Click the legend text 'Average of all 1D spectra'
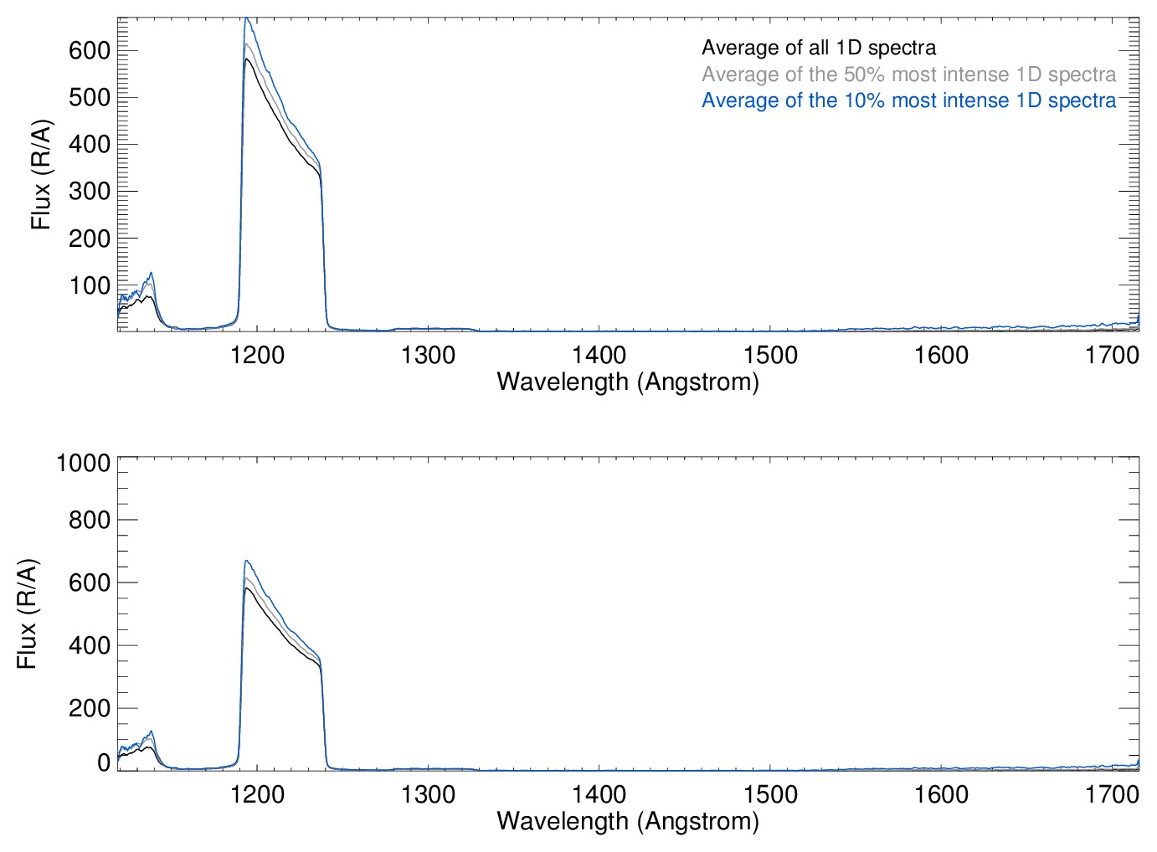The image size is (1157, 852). tap(818, 48)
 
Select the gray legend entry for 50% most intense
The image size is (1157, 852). tap(908, 74)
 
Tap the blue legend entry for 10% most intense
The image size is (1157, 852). tap(908, 100)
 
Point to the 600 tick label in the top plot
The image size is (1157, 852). tap(90, 51)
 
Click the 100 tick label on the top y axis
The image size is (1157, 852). tap(90, 286)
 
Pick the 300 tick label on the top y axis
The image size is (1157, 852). tap(90, 192)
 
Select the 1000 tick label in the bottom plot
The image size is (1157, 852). tap(83, 463)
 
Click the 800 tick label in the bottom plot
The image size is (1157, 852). tap(90, 520)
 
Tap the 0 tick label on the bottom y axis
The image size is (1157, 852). tap(104, 762)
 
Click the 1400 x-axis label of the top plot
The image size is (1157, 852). tap(599, 355)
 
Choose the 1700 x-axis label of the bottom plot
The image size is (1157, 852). tap(1112, 793)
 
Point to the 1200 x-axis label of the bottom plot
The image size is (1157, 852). tap(257, 793)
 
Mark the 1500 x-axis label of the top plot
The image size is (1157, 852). tap(770, 355)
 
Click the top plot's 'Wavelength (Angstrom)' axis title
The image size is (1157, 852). tap(628, 382)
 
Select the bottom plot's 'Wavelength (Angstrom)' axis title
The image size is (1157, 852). tap(628, 821)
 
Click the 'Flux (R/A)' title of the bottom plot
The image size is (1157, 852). tap(27, 613)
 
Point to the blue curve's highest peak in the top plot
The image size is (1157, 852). tap(246, 18)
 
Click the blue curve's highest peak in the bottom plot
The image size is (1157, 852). tap(246, 561)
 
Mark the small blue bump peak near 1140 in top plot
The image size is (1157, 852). tap(151, 272)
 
